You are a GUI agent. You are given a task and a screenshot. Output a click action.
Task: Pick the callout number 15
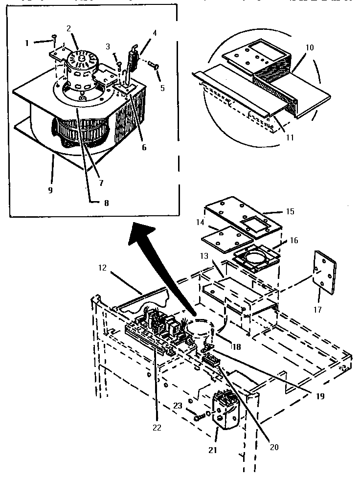click(x=290, y=211)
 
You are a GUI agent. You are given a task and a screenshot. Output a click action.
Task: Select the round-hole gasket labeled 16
click(x=256, y=258)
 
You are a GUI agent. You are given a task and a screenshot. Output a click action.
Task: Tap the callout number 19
click(x=320, y=396)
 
